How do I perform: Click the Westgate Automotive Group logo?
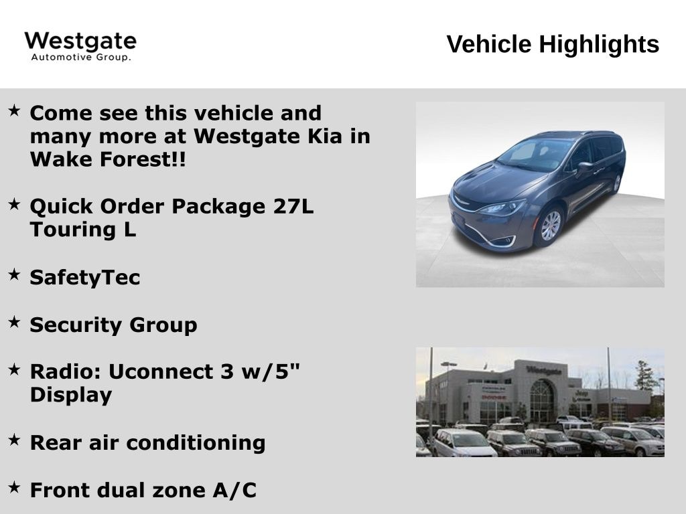tap(80, 46)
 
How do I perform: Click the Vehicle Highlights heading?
tap(553, 44)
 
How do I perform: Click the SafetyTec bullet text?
tap(85, 278)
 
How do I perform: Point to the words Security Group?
tap(113, 325)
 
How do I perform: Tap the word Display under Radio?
tap(71, 395)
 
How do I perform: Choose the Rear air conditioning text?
tap(147, 443)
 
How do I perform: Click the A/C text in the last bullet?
tap(234, 490)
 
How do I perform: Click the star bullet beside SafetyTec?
tap(15, 274)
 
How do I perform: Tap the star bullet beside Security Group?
tap(15, 322)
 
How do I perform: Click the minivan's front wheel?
tap(549, 226)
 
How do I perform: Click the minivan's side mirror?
tap(585, 167)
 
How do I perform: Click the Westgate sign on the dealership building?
tap(544, 370)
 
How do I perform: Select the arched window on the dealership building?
tap(542, 400)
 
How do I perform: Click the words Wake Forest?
tap(108, 159)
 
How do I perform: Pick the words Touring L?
tap(82, 230)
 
